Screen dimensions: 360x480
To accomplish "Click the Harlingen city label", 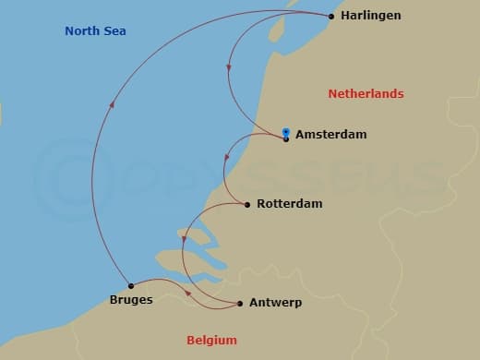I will pos(370,16).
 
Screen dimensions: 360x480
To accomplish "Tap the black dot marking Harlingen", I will pos(331,16).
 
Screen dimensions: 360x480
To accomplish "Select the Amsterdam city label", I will pos(330,135).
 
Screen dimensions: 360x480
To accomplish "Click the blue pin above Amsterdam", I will pos(286,131).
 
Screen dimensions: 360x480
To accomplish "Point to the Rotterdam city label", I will pos(289,204).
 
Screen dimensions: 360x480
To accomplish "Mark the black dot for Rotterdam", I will pos(247,204).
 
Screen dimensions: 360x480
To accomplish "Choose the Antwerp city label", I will pos(275,303).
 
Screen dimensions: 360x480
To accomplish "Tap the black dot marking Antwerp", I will pos(240,303).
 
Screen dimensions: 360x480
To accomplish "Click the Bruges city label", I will pos(130,300).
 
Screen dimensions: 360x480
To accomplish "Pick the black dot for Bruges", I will pos(131,285).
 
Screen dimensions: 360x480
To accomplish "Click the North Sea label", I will pos(95,31).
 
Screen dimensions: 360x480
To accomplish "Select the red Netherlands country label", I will pos(366,94).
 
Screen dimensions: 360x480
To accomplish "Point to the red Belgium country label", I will pos(211,340).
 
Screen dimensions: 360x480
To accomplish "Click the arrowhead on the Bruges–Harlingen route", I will pos(112,104).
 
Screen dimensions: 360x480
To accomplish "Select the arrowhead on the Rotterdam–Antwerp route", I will pos(184,239).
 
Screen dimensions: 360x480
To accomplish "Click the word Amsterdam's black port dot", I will pos(286,139).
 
